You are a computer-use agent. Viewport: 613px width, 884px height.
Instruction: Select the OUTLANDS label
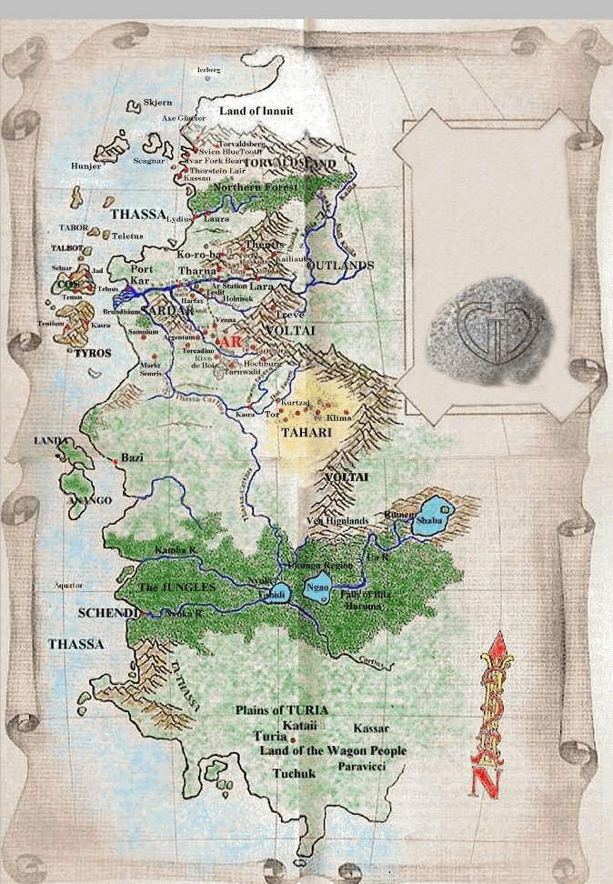point(340,265)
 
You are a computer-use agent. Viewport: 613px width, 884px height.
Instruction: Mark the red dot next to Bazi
point(116,462)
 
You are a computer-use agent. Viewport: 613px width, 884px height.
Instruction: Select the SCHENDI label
point(108,614)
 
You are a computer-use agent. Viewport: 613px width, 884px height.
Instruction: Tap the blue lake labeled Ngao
point(320,588)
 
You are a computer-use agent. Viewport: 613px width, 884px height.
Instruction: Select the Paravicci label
point(365,768)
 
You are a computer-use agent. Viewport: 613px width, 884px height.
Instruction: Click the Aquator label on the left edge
point(68,585)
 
